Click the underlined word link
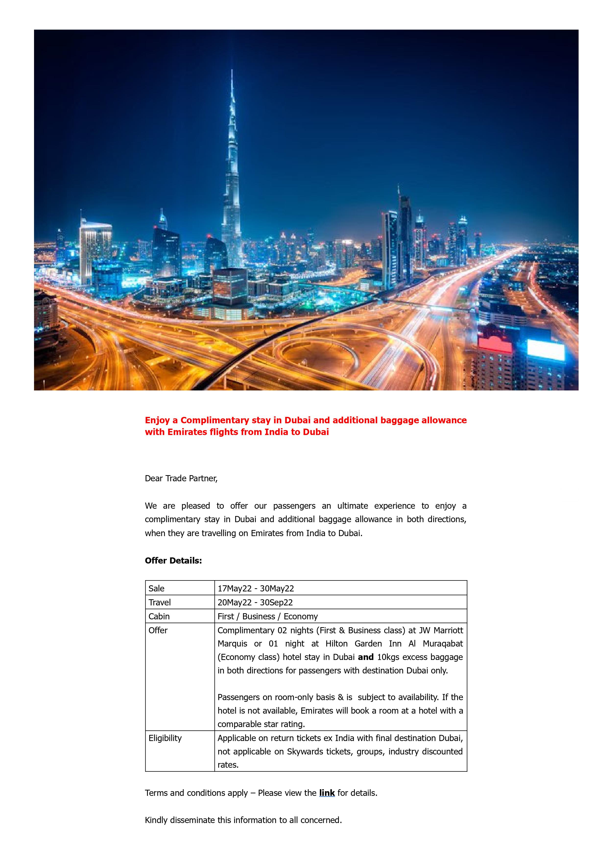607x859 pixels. coord(327,793)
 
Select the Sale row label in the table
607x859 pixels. coord(156,588)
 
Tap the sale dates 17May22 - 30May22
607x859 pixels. coord(256,588)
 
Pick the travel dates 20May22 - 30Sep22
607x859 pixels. coord(255,602)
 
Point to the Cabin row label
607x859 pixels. coord(159,616)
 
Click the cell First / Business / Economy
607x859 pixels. coord(268,616)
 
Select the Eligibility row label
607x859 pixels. coord(165,738)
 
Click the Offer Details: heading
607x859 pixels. coord(173,560)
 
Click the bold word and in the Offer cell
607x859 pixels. coord(366,657)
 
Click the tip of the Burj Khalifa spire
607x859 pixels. coord(232,70)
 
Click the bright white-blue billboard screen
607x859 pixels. coord(546,350)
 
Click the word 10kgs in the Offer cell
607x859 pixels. coord(388,657)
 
